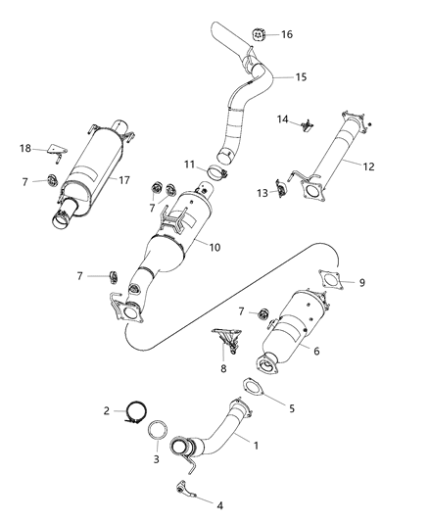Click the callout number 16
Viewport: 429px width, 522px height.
coord(287,34)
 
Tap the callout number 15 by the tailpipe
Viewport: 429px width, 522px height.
coord(301,76)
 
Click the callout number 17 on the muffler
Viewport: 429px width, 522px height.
coord(124,179)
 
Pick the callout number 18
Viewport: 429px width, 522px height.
coord(25,148)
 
